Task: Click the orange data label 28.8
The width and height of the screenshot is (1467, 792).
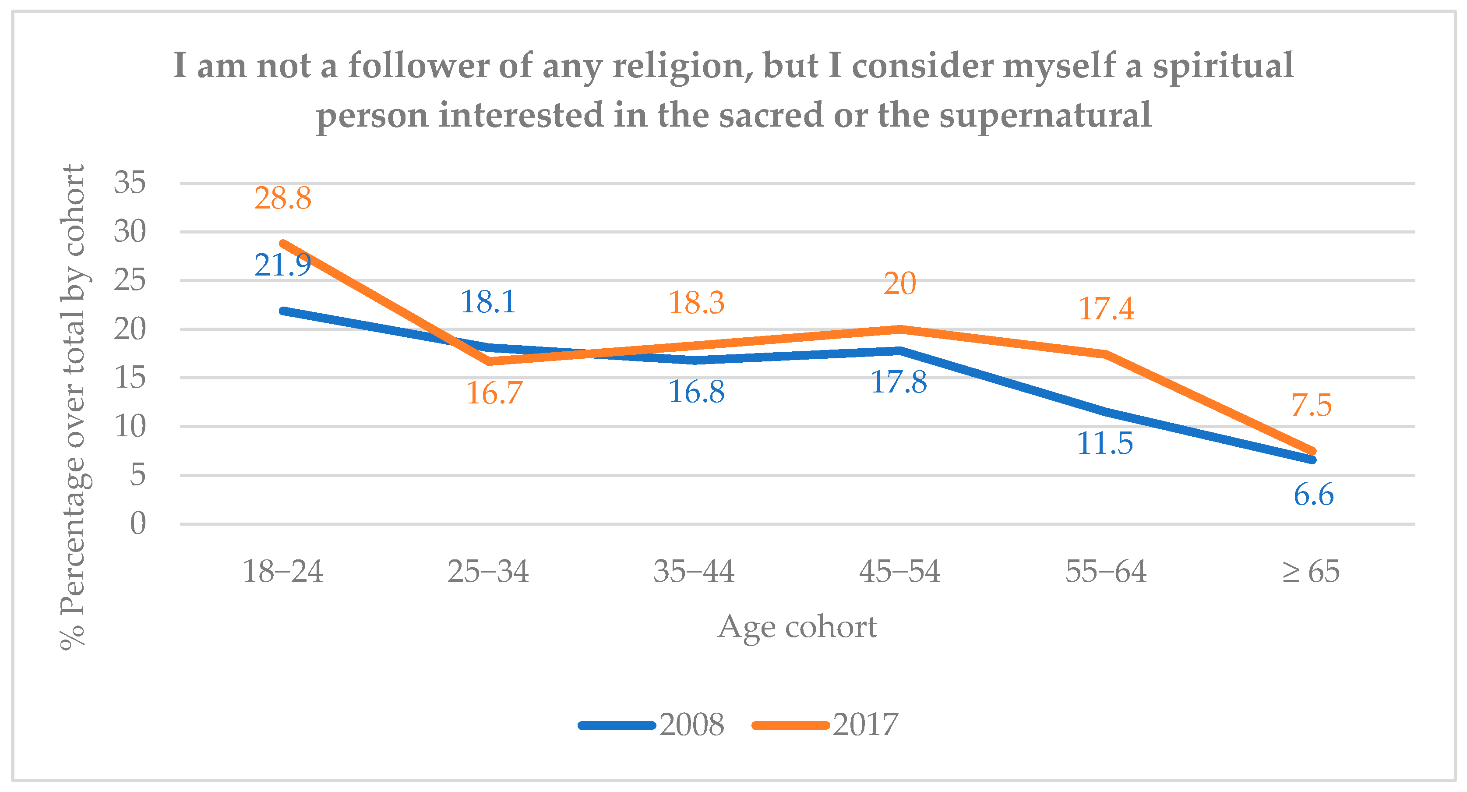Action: coord(282,199)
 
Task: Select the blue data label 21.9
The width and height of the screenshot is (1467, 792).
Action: coord(282,265)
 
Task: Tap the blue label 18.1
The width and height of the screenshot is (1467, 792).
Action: coord(488,302)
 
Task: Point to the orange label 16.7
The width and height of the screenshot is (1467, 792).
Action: coord(494,393)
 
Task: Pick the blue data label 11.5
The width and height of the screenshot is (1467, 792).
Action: coord(1105,443)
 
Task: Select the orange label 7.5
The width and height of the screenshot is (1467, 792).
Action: coord(1311,405)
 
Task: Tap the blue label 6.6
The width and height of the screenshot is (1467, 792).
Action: coord(1313,495)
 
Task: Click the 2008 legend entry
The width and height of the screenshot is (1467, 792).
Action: coord(652,725)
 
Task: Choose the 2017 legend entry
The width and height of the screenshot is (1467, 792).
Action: coord(826,725)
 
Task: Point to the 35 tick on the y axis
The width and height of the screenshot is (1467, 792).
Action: coord(130,183)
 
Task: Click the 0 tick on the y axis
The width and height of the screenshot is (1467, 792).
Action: coord(138,523)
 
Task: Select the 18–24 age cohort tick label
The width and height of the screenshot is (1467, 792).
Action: coord(282,572)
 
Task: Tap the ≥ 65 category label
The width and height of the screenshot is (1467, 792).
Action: coord(1310,572)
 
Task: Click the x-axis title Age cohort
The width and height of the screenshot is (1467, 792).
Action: coord(797,627)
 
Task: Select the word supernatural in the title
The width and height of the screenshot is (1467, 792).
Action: coord(1045,115)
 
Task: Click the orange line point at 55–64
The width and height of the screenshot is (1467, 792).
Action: coord(1105,354)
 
